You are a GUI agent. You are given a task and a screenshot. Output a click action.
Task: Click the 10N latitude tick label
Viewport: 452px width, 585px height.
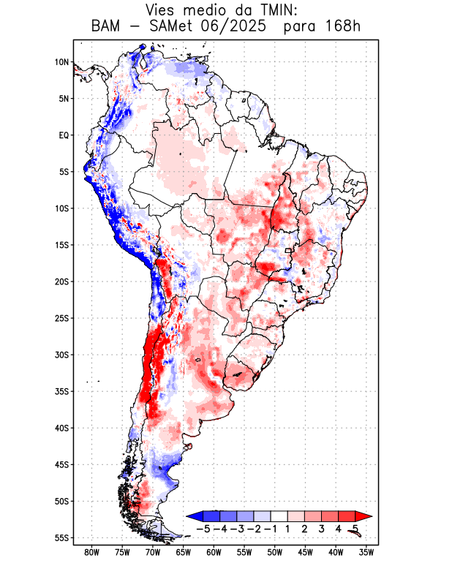[61, 62]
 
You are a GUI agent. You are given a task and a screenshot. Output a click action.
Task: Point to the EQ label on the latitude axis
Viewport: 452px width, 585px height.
[64, 135]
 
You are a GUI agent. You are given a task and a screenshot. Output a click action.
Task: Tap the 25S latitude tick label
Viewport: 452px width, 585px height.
[61, 318]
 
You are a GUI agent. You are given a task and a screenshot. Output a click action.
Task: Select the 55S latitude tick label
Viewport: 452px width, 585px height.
[61, 538]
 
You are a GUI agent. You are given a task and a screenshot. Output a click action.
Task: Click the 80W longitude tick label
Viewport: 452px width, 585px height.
[91, 552]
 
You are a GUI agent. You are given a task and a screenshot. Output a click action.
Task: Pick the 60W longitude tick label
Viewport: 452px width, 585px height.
[214, 552]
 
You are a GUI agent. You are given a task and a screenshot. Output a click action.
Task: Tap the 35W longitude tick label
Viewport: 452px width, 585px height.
[366, 552]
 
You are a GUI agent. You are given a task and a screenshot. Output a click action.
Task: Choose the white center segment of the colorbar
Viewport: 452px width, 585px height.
[279, 516]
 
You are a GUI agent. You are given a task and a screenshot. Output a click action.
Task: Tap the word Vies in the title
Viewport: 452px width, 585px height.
[162, 10]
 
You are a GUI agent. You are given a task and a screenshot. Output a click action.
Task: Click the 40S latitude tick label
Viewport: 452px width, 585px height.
[61, 429]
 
